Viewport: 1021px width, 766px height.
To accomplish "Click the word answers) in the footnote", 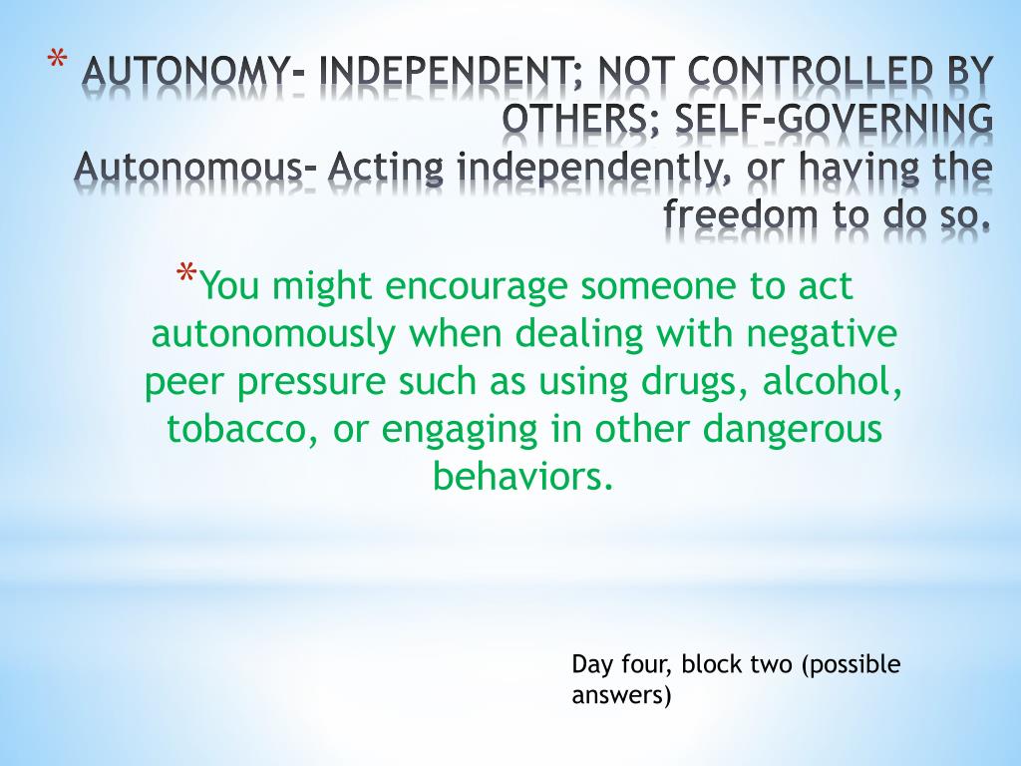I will tap(621, 694).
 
